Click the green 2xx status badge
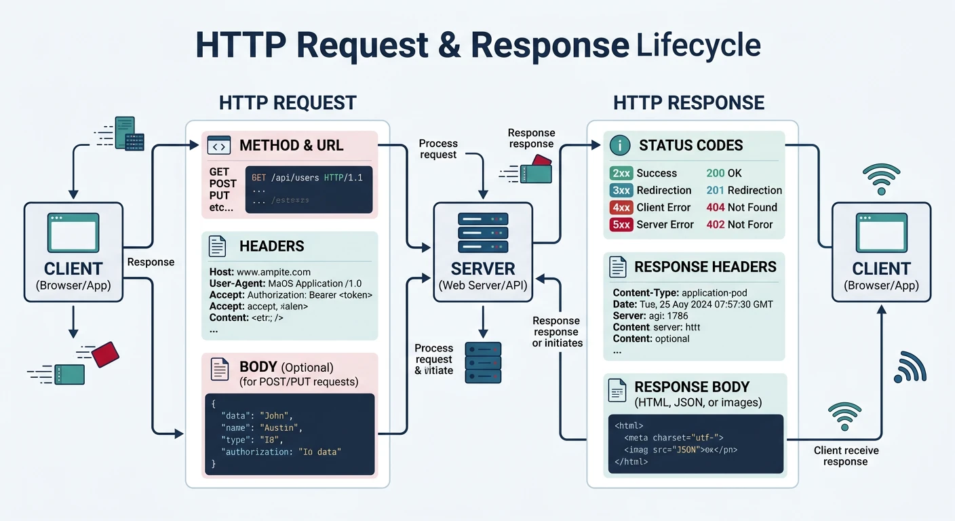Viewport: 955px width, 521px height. point(621,173)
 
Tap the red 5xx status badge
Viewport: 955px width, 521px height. point(621,225)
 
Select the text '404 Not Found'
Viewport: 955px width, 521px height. point(741,208)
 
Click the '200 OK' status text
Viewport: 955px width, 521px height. point(724,173)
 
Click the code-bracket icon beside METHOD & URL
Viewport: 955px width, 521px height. point(218,145)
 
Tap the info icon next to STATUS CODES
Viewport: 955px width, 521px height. point(620,145)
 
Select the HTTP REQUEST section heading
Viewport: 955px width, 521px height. point(288,102)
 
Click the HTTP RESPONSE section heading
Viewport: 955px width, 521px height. point(688,102)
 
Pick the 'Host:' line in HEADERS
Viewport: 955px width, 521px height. point(260,272)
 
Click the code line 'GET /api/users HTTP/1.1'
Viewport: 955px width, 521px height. point(307,178)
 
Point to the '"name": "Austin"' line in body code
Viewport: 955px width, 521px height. point(261,427)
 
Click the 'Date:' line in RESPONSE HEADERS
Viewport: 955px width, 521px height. point(693,305)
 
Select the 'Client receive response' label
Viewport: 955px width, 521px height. point(845,456)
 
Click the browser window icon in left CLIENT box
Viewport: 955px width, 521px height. point(73,233)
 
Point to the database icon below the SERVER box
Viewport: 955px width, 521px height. point(483,362)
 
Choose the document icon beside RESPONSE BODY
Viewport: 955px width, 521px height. point(617,389)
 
